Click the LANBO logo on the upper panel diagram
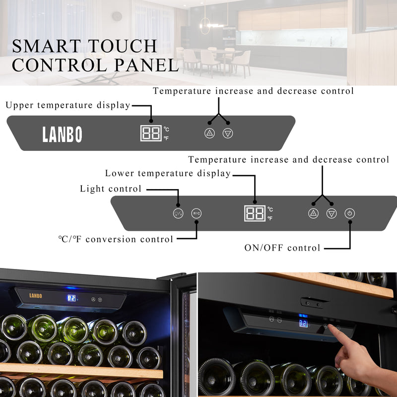pyautogui.click(x=62, y=134)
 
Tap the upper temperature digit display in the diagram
pyautogui.click(x=151, y=133)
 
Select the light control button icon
pyautogui.click(x=178, y=213)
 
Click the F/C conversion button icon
pyautogui.click(x=197, y=213)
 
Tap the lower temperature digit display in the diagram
pyautogui.click(x=255, y=213)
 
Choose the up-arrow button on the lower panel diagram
pyautogui.click(x=313, y=213)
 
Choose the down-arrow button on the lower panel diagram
pyautogui.click(x=331, y=213)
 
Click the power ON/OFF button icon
pyautogui.click(x=350, y=213)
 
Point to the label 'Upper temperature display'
pyautogui.click(x=68, y=105)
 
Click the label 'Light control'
pyautogui.click(x=111, y=189)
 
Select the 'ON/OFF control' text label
pyautogui.click(x=282, y=248)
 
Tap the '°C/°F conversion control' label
pyautogui.click(x=115, y=239)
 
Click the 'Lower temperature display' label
pyautogui.click(x=168, y=173)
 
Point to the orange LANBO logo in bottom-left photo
pyautogui.click(x=36, y=296)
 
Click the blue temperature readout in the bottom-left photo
pyautogui.click(x=71, y=298)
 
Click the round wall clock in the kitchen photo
pyautogui.click(x=117, y=16)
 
